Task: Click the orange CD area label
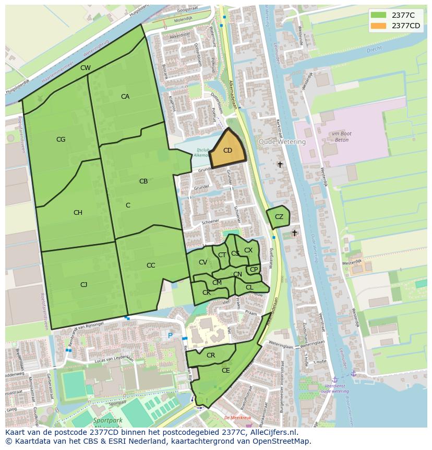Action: [227, 151]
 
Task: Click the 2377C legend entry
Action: [403, 15]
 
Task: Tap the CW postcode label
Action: [86, 68]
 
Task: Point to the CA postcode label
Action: [125, 97]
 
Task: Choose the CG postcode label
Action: [61, 140]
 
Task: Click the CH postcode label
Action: [78, 213]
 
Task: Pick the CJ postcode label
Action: [83, 285]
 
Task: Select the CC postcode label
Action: [151, 266]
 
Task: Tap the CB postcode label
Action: [143, 181]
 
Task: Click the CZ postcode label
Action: [279, 217]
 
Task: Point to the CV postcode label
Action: [203, 262]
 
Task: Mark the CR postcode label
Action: [211, 355]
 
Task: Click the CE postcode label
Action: [226, 371]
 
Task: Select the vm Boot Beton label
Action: [342, 137]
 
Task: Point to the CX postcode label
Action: [248, 250]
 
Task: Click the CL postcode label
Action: [249, 287]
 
